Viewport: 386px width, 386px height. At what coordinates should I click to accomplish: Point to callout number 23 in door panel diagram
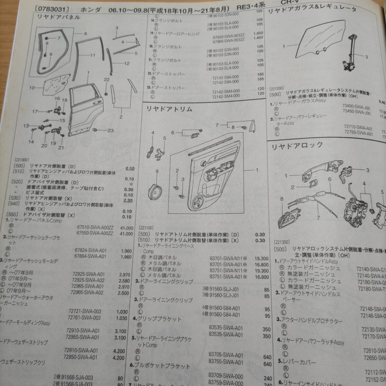[x=110, y=131]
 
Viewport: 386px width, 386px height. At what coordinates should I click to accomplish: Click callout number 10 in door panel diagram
[x=32, y=87]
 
